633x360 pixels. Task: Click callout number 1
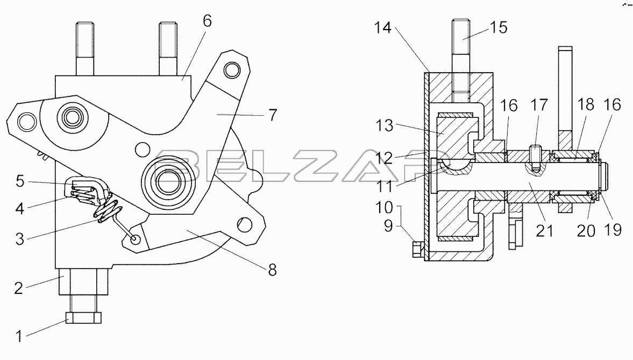pyautogui.click(x=19, y=336)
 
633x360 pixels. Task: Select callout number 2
pyautogui.click(x=19, y=288)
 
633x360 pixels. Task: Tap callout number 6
pyautogui.click(x=207, y=21)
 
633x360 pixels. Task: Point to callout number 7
pyautogui.click(x=273, y=115)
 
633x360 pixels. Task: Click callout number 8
pyautogui.click(x=273, y=270)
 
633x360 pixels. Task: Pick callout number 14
pyautogui.click(x=382, y=27)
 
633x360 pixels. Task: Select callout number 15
pyautogui.click(x=499, y=27)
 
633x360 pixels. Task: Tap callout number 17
pyautogui.click(x=539, y=105)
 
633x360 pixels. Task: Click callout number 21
pyautogui.click(x=544, y=231)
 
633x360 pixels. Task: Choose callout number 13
pyautogui.click(x=385, y=125)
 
